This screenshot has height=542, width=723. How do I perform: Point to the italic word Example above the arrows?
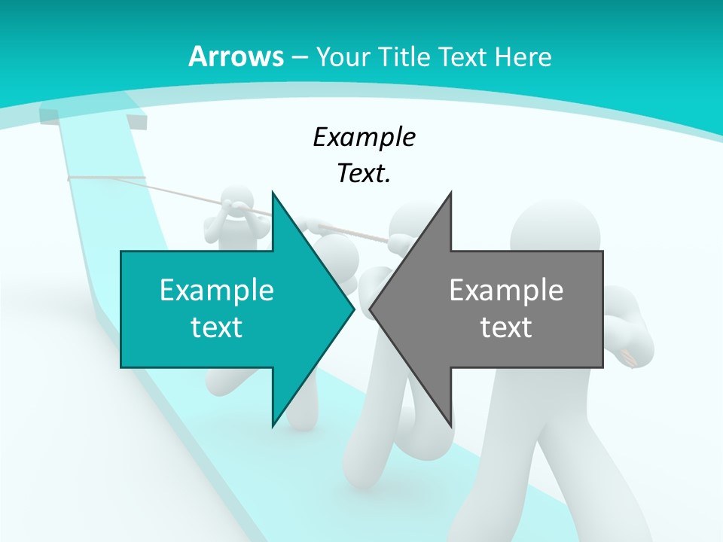coord(364,137)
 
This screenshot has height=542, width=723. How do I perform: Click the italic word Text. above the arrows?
coord(364,174)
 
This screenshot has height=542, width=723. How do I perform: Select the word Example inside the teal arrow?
coord(217,290)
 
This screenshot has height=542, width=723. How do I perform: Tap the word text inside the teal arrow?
coord(217,327)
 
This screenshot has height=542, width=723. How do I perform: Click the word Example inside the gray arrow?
coord(506,290)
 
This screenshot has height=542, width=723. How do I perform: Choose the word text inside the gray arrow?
coord(506,327)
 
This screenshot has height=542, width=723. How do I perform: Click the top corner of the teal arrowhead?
coord(273,193)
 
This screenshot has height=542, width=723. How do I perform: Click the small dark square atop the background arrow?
coord(137,122)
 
